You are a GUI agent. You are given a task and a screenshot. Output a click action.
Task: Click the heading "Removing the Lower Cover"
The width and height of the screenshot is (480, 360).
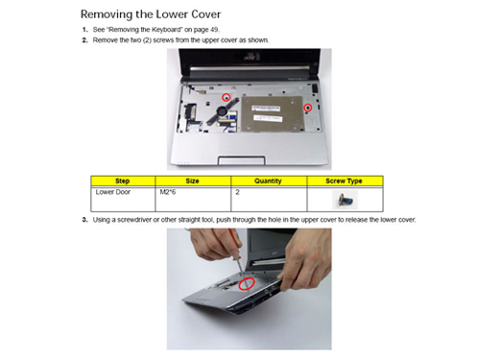[x=151, y=14]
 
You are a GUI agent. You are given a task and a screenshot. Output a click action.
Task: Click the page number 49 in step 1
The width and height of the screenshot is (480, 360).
[x=214, y=30]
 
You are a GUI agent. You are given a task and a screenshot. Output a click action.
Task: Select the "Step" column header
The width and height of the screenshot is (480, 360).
[x=122, y=181]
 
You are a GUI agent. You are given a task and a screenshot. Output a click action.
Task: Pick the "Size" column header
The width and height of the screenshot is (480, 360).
[x=192, y=181]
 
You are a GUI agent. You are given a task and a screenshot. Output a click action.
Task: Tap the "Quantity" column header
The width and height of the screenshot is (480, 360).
[x=268, y=181]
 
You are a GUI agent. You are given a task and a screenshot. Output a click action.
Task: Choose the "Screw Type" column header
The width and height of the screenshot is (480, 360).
[x=344, y=181]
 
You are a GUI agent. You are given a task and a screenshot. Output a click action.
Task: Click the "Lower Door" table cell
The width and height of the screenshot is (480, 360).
[x=113, y=192]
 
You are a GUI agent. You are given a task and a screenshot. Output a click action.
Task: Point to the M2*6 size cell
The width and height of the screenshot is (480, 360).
[x=168, y=192]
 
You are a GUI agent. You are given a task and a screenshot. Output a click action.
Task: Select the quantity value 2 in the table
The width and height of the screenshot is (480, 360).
[x=237, y=192]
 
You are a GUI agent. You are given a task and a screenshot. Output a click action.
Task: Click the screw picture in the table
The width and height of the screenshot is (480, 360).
[x=345, y=200]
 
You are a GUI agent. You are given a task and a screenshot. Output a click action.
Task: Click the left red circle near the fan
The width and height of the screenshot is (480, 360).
[x=227, y=97]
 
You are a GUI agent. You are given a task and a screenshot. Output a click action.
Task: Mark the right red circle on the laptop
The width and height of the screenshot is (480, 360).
[x=308, y=108]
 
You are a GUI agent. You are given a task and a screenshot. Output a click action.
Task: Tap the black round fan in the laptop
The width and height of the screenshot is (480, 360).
[x=222, y=111]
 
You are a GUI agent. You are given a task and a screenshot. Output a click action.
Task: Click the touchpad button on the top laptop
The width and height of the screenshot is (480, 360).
[x=242, y=160]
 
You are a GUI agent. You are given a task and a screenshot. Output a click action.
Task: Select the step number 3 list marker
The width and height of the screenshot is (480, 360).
[x=84, y=220]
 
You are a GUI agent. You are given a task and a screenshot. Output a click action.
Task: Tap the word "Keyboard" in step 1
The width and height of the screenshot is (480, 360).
[x=165, y=30]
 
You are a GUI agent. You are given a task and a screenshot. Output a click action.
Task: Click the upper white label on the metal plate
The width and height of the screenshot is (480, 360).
[x=266, y=108]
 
